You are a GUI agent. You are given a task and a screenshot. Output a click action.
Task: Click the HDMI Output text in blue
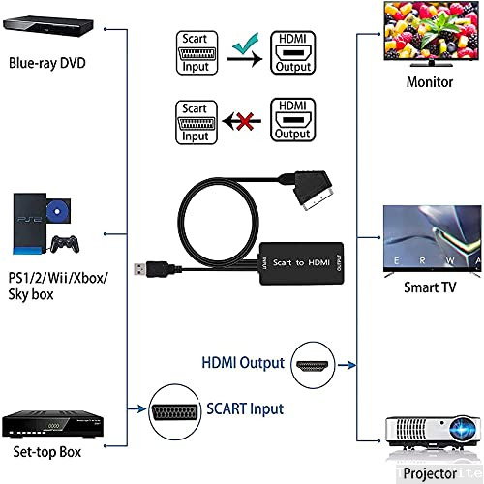[243, 362]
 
